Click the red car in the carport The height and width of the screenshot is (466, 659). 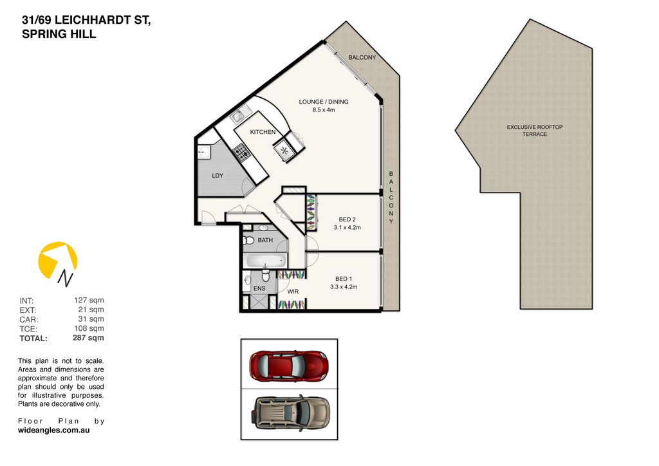(x=288, y=364)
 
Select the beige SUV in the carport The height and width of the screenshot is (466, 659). (x=292, y=412)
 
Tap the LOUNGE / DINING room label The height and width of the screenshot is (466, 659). (x=324, y=102)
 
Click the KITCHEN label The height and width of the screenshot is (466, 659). (x=263, y=132)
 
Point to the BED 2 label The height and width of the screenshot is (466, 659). (x=347, y=219)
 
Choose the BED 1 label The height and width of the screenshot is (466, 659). (x=344, y=279)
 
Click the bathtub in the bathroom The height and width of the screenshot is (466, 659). (x=265, y=261)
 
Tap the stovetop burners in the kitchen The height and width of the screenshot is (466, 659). (x=242, y=152)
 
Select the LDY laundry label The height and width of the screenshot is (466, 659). (x=218, y=176)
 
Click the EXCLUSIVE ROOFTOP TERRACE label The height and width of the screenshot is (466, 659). (x=535, y=130)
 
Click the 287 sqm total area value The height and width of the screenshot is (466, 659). (x=88, y=337)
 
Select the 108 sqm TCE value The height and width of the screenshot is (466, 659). (x=89, y=328)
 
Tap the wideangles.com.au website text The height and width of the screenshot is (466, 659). (x=54, y=430)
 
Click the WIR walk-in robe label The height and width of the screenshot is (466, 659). (x=293, y=292)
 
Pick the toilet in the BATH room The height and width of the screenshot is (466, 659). (x=249, y=240)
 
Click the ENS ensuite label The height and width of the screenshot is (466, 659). (x=259, y=288)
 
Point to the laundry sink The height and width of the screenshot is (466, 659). (x=204, y=152)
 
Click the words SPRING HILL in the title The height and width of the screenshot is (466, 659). (x=59, y=34)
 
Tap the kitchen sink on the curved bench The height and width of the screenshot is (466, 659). (x=241, y=114)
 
